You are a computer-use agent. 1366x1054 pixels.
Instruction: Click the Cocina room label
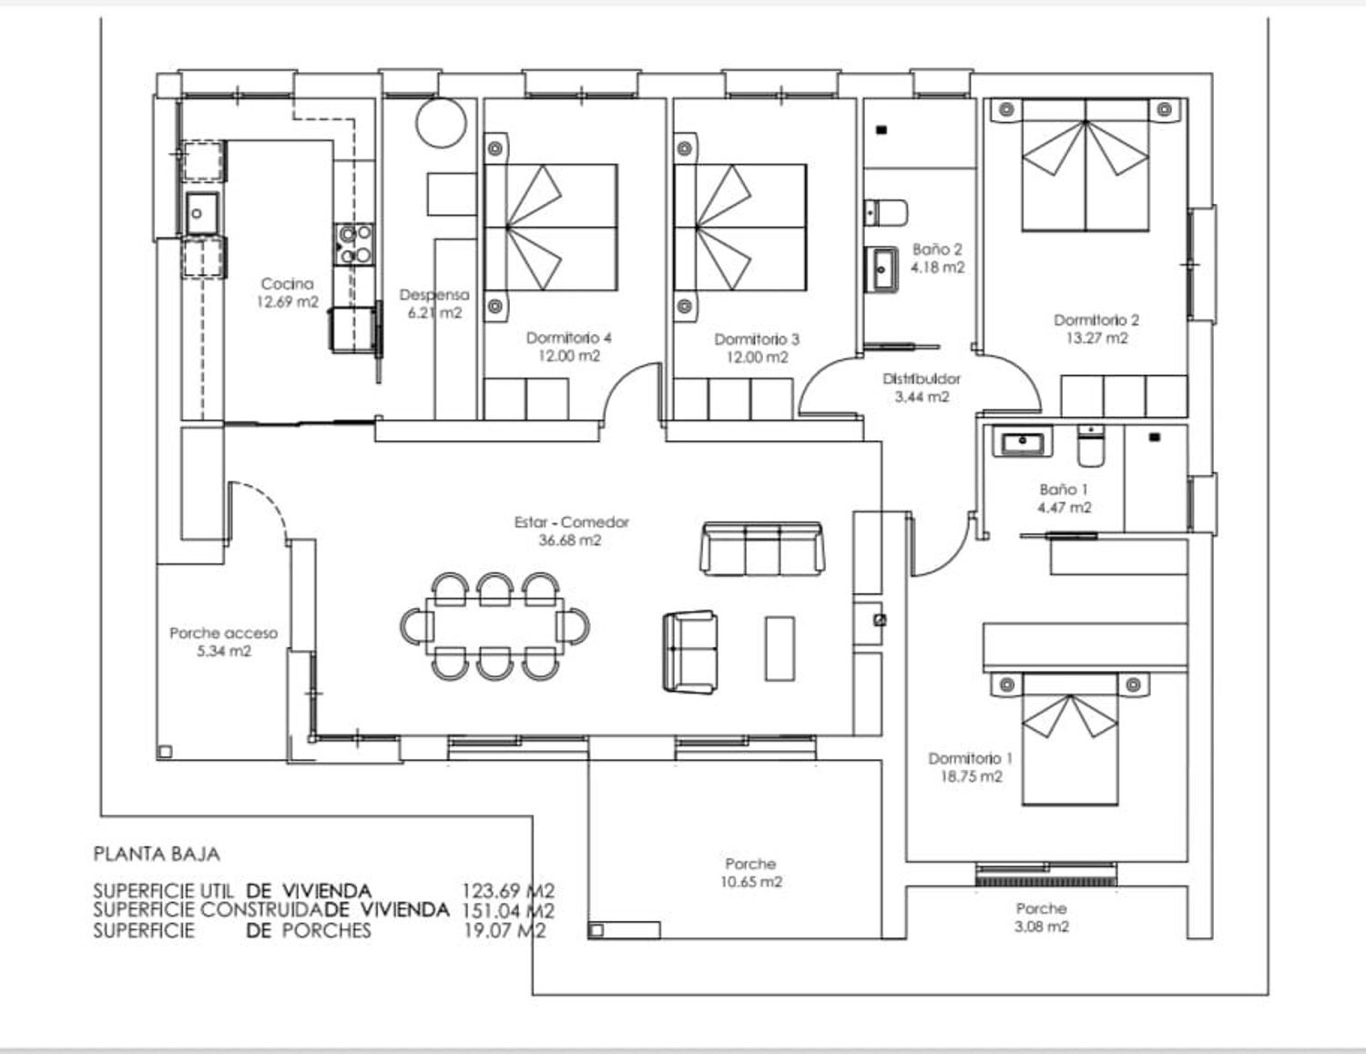pos(287,284)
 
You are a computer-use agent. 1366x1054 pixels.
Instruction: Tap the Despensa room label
pos(434,295)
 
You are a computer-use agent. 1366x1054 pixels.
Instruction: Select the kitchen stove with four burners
pos(354,244)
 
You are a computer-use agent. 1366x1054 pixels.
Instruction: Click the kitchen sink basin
pos(202,214)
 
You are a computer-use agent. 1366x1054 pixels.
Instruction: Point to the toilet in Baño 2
pos(886,213)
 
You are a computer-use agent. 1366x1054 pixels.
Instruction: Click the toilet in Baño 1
pos(1091,446)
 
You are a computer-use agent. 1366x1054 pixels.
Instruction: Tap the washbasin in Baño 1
pos(1022,442)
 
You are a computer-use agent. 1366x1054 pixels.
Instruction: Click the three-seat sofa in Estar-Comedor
pos(762,548)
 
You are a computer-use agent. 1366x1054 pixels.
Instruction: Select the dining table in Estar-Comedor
pos(494,626)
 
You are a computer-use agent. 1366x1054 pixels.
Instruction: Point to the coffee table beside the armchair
pos(780,648)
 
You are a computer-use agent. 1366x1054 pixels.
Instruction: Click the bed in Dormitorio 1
pos(1070,740)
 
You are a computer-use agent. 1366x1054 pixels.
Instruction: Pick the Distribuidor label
pos(922,379)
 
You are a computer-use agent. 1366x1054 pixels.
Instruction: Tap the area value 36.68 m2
pos(570,540)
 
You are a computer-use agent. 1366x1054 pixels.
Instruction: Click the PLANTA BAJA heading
pos(157,855)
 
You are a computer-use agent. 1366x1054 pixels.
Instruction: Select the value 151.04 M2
pos(508,910)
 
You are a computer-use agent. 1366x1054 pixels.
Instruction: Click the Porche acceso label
pos(224,633)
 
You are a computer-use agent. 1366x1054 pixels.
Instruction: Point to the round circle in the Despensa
pos(442,123)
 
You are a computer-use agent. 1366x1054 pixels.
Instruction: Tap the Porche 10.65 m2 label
pos(751,873)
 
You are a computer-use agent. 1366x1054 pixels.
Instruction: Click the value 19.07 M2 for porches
pos(505,930)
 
